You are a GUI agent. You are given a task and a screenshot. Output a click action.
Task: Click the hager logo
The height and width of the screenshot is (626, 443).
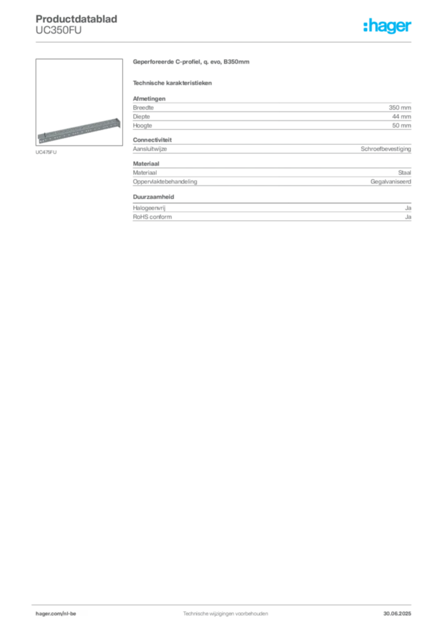pyautogui.click(x=387, y=26)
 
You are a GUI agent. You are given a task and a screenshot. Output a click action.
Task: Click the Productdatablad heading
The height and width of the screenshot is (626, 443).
pyautogui.click(x=76, y=19)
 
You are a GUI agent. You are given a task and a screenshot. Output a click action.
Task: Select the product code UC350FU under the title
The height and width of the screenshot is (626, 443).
pyautogui.click(x=58, y=31)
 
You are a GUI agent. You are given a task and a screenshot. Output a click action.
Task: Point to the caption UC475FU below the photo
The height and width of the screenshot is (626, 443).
pyautogui.click(x=46, y=152)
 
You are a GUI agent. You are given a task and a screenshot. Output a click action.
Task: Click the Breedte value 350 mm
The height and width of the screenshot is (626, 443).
pyautogui.click(x=400, y=108)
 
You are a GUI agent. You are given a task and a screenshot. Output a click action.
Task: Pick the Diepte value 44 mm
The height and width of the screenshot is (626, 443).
pyautogui.click(x=401, y=117)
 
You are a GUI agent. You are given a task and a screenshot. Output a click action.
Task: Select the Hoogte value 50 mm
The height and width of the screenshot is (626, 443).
pyautogui.click(x=401, y=125)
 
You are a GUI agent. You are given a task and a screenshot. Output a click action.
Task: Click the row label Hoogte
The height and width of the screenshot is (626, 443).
pyautogui.click(x=143, y=125)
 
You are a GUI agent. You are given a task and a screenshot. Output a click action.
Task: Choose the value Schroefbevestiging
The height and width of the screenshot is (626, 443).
pyautogui.click(x=386, y=149)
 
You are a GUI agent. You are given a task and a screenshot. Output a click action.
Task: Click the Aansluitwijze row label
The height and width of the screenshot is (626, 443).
pyautogui.click(x=150, y=149)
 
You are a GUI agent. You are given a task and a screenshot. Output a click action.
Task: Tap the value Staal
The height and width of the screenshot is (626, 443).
pyautogui.click(x=404, y=173)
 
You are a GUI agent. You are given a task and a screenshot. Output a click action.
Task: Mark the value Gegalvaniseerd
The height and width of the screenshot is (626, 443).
pyautogui.click(x=390, y=182)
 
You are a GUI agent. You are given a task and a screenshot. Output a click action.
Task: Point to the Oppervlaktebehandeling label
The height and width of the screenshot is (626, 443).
pyautogui.click(x=165, y=182)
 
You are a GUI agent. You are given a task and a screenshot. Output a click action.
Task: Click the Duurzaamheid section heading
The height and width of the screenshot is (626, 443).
pyautogui.click(x=154, y=197)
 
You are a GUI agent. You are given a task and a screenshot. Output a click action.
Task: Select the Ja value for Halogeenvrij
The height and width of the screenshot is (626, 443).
pyautogui.click(x=408, y=208)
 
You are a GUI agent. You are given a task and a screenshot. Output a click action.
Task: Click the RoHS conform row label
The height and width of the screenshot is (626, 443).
pyautogui.click(x=152, y=217)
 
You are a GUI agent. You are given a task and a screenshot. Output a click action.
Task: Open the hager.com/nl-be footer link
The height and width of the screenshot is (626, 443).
pyautogui.click(x=56, y=614)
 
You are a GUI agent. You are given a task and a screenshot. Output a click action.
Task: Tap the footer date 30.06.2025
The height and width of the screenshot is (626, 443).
pyautogui.click(x=397, y=614)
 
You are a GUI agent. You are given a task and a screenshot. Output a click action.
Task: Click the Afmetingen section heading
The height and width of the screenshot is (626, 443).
pyautogui.click(x=149, y=98)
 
